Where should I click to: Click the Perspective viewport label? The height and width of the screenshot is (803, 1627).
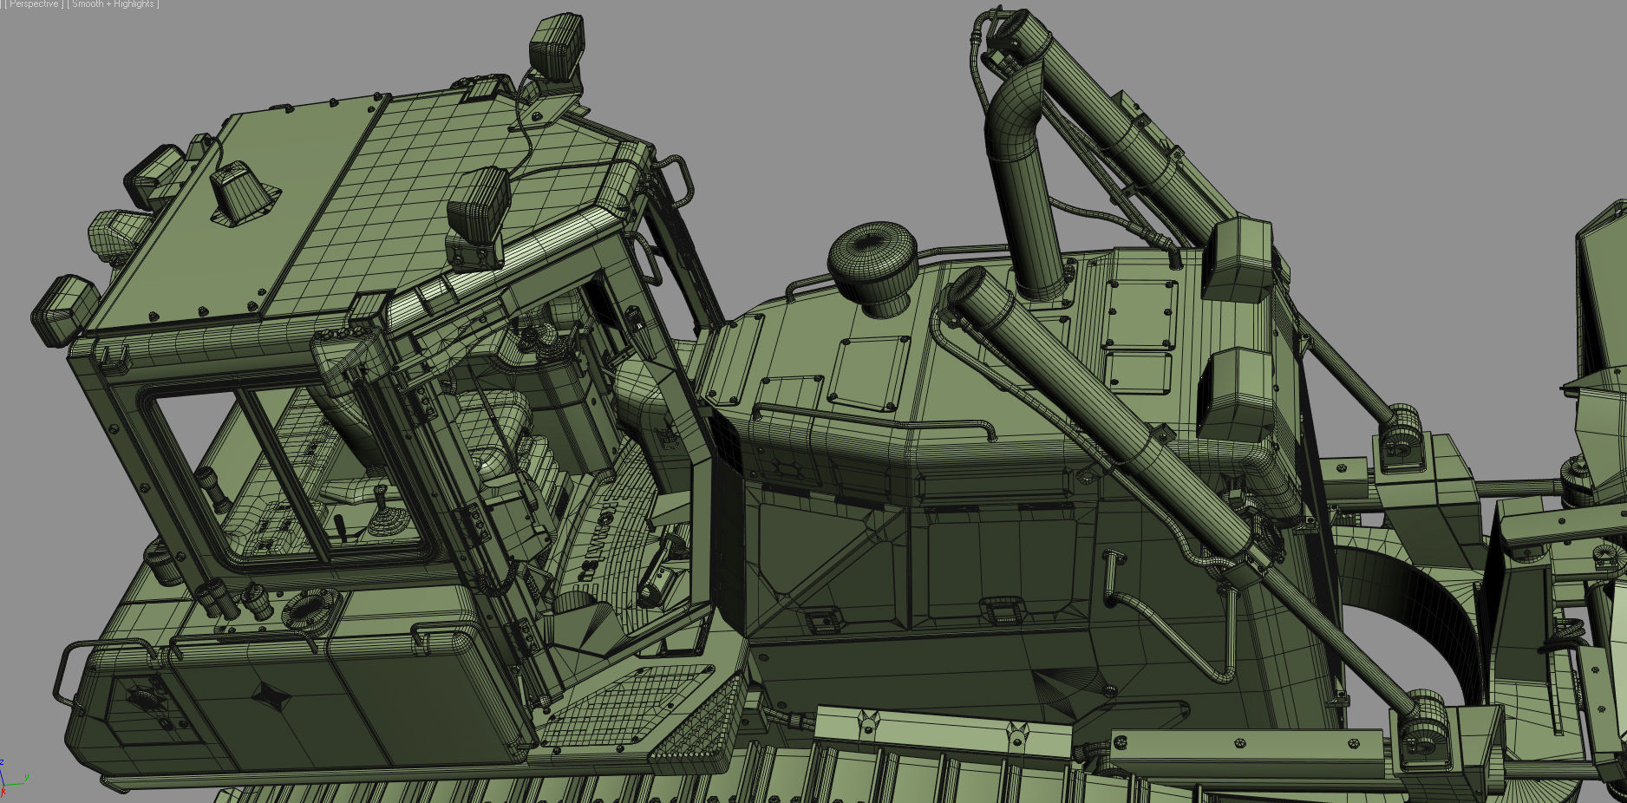coord(33,4)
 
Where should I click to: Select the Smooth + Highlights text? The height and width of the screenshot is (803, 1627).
coord(114,4)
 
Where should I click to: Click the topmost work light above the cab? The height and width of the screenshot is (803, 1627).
coord(555,45)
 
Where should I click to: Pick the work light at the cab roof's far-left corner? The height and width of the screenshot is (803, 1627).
coord(62,305)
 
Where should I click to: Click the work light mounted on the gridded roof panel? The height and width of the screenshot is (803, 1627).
coord(478,207)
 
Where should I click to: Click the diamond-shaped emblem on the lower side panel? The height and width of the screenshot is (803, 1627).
coord(269,695)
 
